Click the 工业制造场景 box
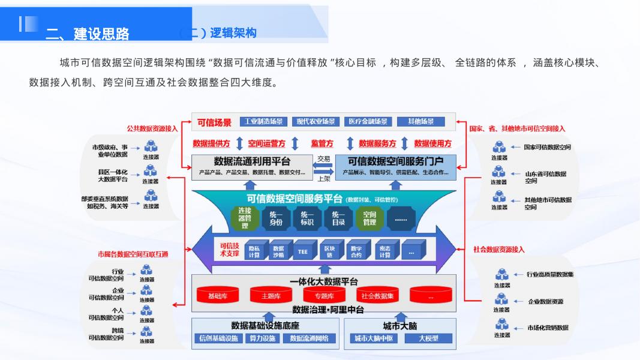(x=265, y=122)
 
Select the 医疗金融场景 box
(x=368, y=122)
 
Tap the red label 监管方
(x=321, y=143)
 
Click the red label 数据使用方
(x=432, y=143)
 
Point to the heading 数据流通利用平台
(x=252, y=161)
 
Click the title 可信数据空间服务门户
(x=395, y=161)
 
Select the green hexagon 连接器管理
(x=245, y=218)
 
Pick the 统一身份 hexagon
(x=276, y=218)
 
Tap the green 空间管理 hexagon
(x=369, y=218)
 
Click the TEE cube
(x=303, y=251)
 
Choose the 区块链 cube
(x=329, y=251)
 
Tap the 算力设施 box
(x=262, y=338)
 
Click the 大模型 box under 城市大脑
(x=428, y=338)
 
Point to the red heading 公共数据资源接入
(x=152, y=128)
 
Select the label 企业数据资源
(x=545, y=302)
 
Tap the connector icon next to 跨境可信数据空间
(x=146, y=332)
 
